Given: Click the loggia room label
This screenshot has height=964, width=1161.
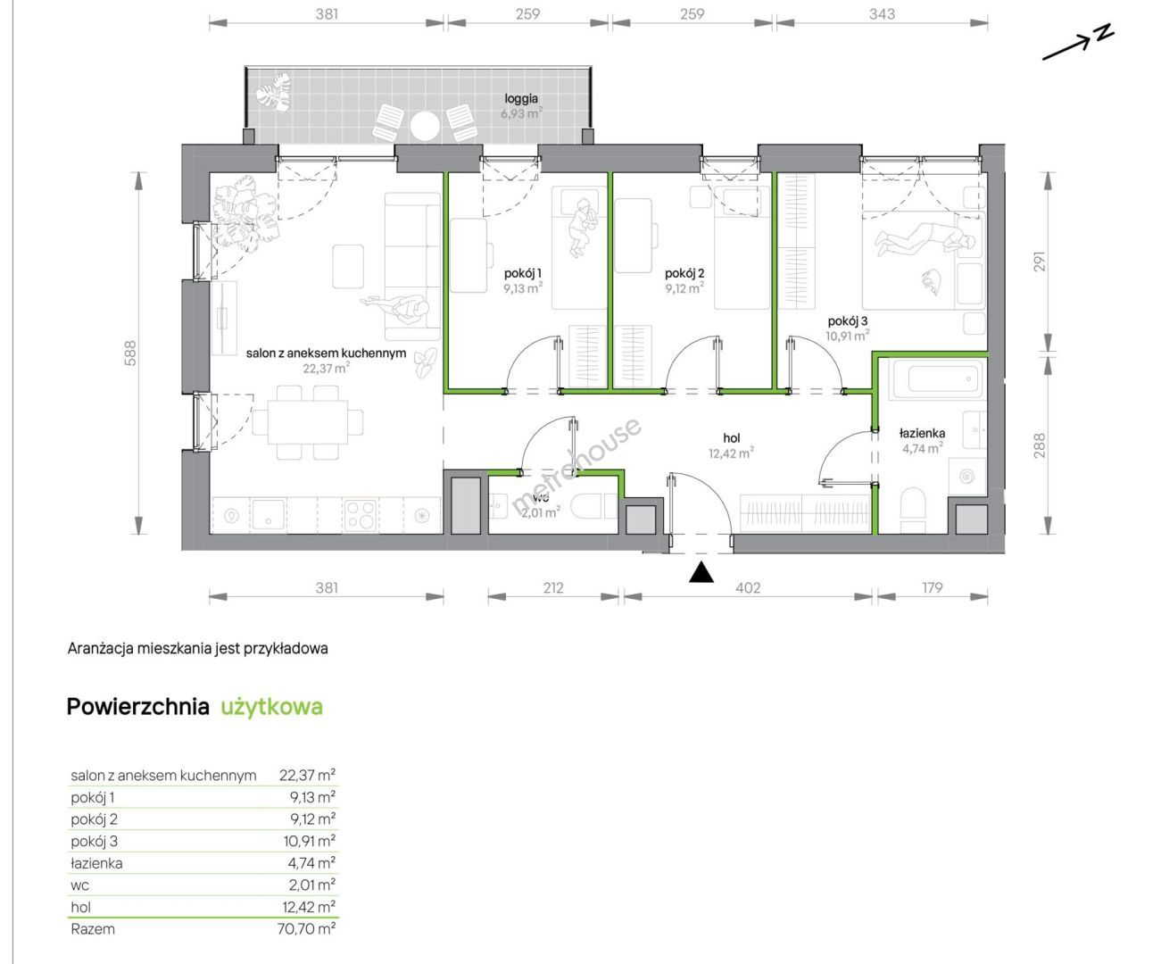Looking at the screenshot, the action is [x=521, y=98].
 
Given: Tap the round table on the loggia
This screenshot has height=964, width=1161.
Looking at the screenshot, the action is [x=425, y=126].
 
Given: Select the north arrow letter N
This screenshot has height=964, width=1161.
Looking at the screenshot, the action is [x=1103, y=32].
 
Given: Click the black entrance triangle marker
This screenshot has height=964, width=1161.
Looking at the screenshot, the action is [x=701, y=572].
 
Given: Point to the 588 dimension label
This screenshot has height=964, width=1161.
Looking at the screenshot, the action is [x=130, y=353].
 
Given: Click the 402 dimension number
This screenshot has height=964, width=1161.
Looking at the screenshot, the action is [x=747, y=588].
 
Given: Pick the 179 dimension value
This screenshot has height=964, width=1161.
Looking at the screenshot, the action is [x=933, y=588].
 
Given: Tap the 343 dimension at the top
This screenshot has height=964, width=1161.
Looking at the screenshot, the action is [x=882, y=14].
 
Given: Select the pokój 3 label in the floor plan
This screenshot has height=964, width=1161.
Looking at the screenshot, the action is [x=848, y=321].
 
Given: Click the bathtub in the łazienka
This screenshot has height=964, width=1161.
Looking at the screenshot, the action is [x=939, y=379].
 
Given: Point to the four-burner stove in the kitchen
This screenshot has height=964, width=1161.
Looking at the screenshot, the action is [x=360, y=515].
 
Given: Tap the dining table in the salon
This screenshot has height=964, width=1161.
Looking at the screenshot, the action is [x=308, y=423].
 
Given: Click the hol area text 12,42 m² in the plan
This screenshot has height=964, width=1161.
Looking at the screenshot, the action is [x=731, y=453].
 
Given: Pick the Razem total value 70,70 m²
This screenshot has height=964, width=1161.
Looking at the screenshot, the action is [x=306, y=928].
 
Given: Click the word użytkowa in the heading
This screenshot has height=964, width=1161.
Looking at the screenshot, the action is [x=272, y=706].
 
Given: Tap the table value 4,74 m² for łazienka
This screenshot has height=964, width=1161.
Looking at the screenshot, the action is [x=311, y=863].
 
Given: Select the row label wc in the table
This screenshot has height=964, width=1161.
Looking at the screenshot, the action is [x=80, y=885].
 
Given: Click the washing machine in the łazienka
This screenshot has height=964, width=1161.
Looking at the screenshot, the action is [x=967, y=476].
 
